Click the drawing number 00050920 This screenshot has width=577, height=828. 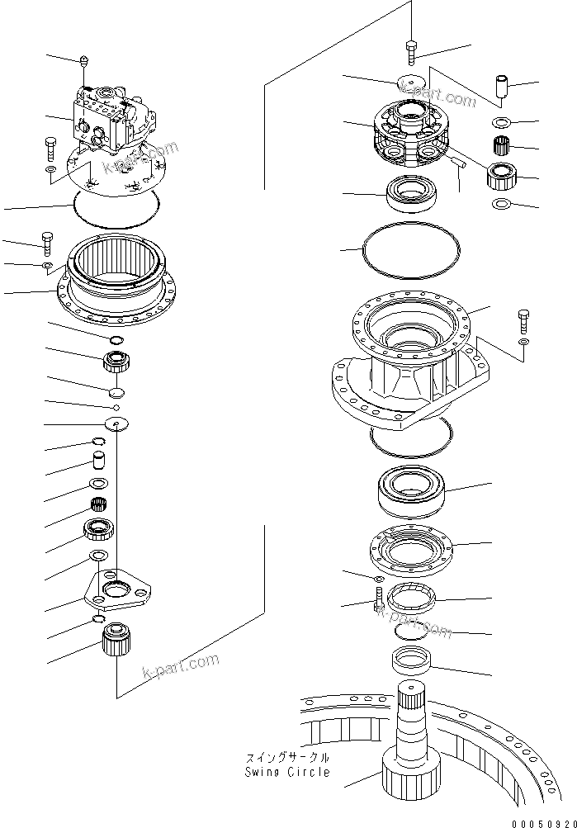541,822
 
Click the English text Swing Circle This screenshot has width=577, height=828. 286,772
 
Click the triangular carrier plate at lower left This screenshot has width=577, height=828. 120,593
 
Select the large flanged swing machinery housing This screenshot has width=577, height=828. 404,363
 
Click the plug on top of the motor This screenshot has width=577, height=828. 86,59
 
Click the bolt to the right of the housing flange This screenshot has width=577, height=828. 524,318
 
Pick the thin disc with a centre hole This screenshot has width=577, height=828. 117,423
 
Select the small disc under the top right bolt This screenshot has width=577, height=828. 410,85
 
